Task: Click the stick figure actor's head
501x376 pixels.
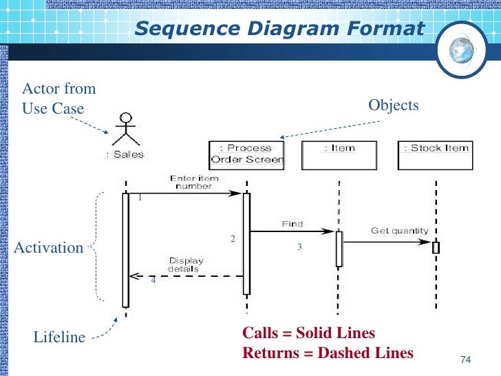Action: tap(126, 117)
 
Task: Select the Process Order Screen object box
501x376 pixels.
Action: tap(246, 156)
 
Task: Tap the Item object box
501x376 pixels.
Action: tap(339, 156)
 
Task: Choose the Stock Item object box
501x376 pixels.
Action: tap(435, 156)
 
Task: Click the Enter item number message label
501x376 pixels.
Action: tap(194, 182)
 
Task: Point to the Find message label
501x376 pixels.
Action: tap(292, 224)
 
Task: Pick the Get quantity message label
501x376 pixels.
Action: tap(399, 231)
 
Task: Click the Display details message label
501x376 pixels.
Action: tap(185, 264)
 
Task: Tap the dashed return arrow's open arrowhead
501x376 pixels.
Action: tap(134, 276)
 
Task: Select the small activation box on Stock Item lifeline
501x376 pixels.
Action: tap(436, 247)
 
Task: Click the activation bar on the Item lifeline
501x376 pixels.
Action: tap(339, 249)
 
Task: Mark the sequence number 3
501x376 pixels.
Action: tap(299, 247)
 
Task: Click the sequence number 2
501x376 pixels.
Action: tap(233, 238)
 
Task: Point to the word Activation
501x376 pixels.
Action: tap(49, 248)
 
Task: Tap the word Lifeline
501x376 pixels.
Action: tap(59, 337)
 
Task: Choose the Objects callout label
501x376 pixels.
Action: tap(394, 105)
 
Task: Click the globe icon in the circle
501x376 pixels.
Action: tap(461, 50)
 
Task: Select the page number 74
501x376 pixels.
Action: tap(466, 359)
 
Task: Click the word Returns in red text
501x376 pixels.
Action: tap(271, 353)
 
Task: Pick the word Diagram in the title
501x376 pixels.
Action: tap(293, 29)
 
